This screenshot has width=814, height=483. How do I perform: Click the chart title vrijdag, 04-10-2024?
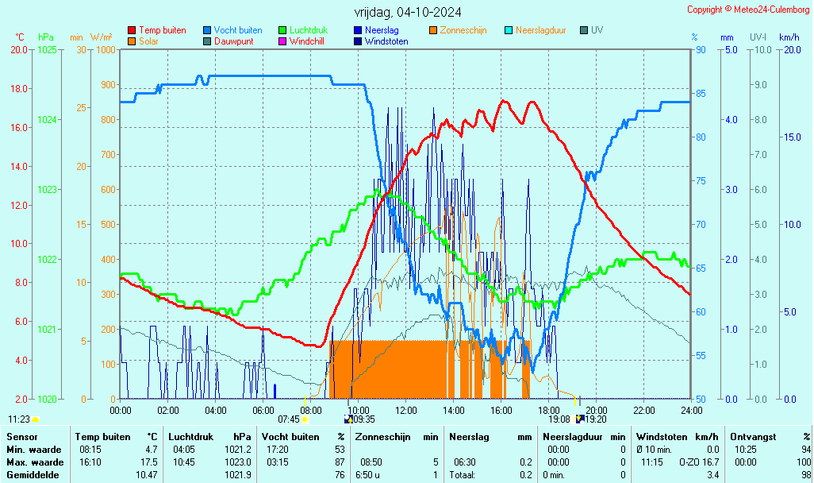tap(408, 12)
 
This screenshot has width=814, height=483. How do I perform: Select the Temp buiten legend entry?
tap(162, 30)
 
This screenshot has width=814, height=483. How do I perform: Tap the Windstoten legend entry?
tap(386, 41)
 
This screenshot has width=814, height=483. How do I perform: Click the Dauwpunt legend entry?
tap(233, 41)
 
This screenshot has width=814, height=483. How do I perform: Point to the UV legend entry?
tap(597, 30)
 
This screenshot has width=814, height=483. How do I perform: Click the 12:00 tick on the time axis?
tap(406, 410)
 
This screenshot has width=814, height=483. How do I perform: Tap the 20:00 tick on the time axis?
tap(597, 410)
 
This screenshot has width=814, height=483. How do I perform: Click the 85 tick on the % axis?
tap(701, 93)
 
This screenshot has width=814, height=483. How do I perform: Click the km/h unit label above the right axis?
tap(789, 37)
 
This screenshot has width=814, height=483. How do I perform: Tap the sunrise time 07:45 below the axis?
tap(288, 419)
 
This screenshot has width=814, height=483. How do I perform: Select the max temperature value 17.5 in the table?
tap(149, 462)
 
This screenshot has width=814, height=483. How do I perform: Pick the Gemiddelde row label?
tap(33, 475)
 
